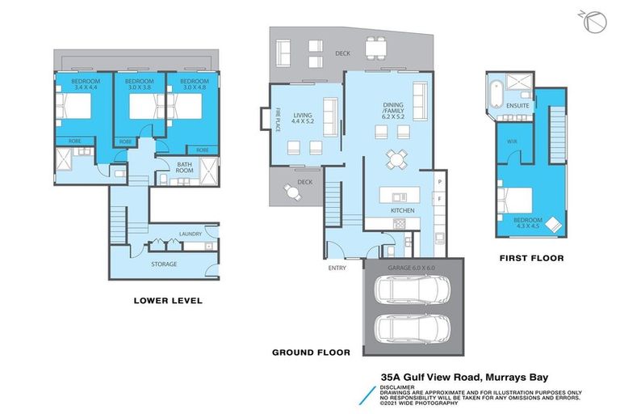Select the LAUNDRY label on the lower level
click(191, 233)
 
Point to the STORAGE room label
click(164, 264)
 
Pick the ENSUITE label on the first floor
click(517, 106)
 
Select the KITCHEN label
click(402, 210)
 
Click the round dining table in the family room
click(396, 158)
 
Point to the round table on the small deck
click(291, 191)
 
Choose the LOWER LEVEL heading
click(167, 301)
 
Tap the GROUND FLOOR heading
click(311, 352)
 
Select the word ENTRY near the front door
click(337, 268)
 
